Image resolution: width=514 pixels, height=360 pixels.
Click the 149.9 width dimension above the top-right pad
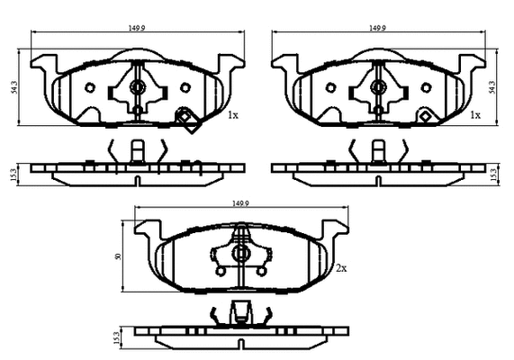pyautogui.click(x=377, y=28)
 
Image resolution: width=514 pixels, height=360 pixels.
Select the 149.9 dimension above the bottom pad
pyautogui.click(x=241, y=205)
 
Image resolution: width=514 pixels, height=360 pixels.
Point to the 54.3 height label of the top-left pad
pyautogui.click(x=14, y=87)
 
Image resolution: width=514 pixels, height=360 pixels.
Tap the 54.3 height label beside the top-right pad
pyautogui.click(x=492, y=86)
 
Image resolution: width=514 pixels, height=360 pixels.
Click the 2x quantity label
pyautogui.click(x=341, y=268)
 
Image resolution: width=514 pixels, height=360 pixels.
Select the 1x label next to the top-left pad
pyautogui.click(x=232, y=116)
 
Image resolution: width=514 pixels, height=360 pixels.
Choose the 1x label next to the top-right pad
pyautogui.click(x=475, y=116)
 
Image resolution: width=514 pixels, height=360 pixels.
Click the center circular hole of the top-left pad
pyautogui.click(x=138, y=87)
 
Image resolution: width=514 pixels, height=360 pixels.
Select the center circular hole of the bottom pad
pyautogui.click(x=240, y=255)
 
